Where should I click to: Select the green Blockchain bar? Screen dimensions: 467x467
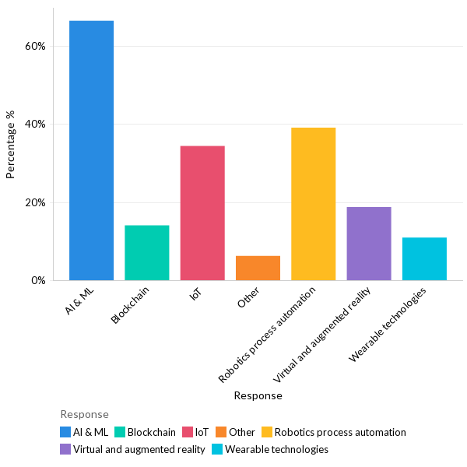click(x=147, y=252)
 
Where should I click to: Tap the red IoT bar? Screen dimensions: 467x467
click(x=202, y=212)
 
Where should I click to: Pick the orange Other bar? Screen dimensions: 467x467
click(x=258, y=268)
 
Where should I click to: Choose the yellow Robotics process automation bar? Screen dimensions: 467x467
click(x=313, y=204)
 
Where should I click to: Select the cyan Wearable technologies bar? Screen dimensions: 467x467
click(x=424, y=258)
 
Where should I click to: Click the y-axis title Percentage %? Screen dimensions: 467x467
click(x=11, y=144)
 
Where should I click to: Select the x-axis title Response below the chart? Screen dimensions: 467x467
click(x=258, y=395)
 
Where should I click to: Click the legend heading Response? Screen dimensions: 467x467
click(x=84, y=414)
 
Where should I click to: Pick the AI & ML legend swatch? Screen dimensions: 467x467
click(x=66, y=432)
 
